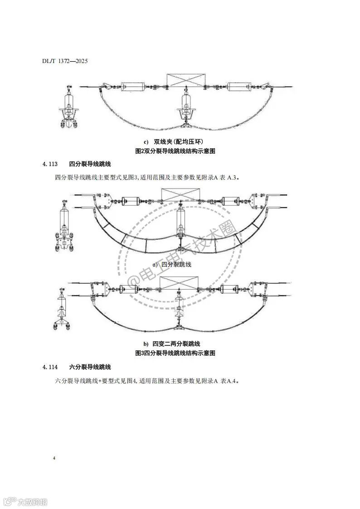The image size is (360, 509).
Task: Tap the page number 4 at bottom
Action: tap(54, 459)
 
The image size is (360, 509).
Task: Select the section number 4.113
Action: tap(50, 164)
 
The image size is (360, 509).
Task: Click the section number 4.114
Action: tap(50, 367)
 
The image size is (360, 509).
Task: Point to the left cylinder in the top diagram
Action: tap(132, 86)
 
